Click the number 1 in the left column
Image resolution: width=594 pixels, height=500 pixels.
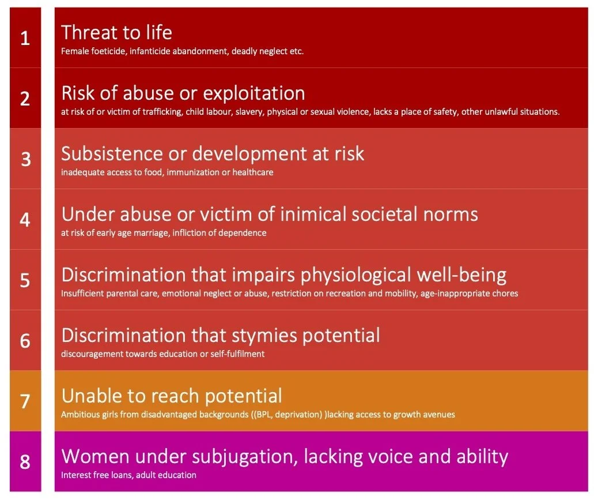(25, 39)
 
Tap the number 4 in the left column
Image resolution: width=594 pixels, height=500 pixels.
(25, 220)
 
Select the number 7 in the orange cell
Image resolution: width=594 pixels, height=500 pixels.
(25, 401)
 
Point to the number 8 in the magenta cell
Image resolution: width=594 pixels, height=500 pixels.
(25, 462)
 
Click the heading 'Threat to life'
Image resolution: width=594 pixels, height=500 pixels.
(116, 32)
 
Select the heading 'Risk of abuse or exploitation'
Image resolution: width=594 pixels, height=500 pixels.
(183, 93)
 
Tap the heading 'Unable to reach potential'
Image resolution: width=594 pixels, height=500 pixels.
(172, 396)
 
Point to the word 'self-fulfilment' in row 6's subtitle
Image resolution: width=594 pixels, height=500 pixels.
(237, 354)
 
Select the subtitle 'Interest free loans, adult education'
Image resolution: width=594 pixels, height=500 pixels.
(128, 475)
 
